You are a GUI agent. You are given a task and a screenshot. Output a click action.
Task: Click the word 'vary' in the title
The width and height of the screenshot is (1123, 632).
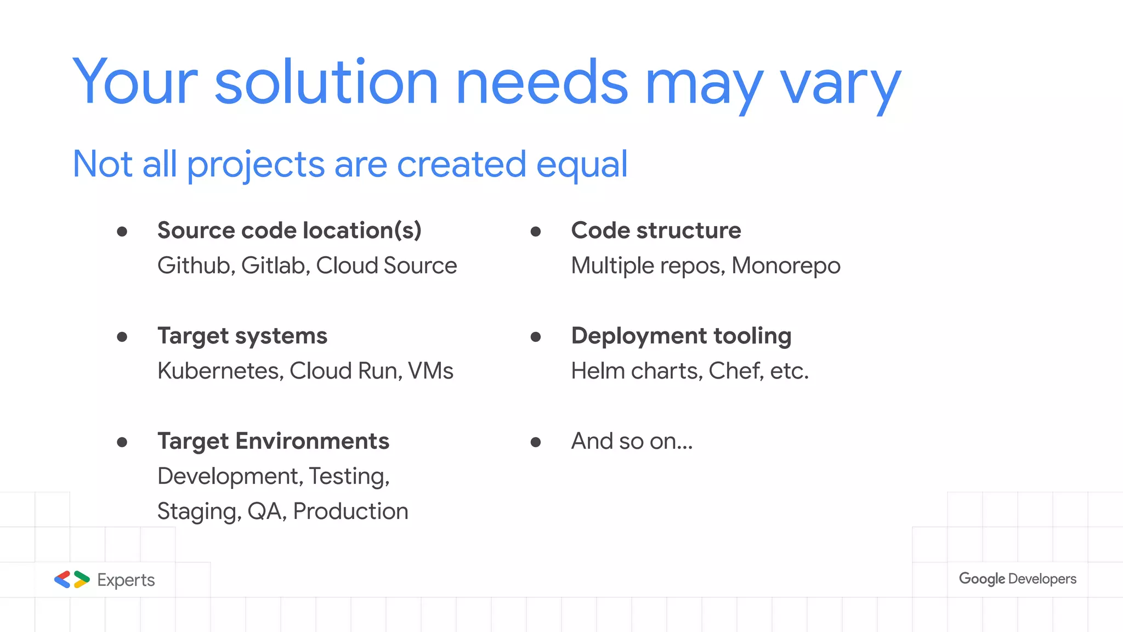840,85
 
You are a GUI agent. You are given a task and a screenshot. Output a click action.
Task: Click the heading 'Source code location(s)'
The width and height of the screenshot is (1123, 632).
289,230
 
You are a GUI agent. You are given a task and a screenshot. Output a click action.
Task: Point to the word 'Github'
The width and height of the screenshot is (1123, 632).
196,266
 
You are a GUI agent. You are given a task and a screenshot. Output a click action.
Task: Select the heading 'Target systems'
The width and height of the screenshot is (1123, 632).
242,336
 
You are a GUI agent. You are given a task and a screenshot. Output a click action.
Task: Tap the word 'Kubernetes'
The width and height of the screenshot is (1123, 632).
220,371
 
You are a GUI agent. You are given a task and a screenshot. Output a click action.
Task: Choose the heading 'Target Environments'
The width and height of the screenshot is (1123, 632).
273,441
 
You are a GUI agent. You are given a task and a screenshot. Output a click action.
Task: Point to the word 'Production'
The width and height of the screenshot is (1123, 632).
350,511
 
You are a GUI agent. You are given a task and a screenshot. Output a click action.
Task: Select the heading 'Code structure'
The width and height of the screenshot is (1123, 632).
656,230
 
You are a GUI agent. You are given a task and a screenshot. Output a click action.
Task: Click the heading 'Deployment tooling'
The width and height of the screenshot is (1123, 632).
681,336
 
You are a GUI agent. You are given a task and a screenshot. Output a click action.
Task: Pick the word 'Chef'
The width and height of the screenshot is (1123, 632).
734,371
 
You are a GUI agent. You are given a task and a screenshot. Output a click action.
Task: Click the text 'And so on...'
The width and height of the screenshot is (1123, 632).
632,441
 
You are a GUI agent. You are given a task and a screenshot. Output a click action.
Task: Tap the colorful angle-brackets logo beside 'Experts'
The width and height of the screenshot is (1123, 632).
72,579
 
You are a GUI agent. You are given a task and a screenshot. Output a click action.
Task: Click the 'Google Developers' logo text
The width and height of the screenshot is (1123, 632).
1017,579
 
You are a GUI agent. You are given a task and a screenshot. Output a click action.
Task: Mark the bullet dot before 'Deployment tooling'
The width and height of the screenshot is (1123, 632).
536,337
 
